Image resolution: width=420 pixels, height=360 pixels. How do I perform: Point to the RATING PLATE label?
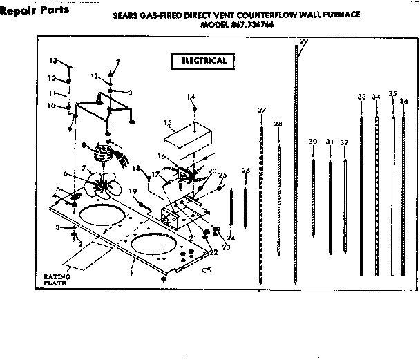tap(53, 280)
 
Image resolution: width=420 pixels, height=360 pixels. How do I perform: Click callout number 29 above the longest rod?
tap(305, 43)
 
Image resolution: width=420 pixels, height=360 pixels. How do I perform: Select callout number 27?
tap(262, 110)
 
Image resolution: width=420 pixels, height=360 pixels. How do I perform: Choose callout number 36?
tap(404, 102)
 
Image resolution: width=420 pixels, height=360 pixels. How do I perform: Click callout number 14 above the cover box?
tap(191, 97)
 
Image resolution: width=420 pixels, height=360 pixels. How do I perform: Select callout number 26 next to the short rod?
tap(245, 171)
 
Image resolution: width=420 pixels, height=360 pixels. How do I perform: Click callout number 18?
tap(136, 168)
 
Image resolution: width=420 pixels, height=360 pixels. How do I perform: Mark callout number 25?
tap(222, 176)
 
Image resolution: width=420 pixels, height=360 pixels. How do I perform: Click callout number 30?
tap(313, 142)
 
